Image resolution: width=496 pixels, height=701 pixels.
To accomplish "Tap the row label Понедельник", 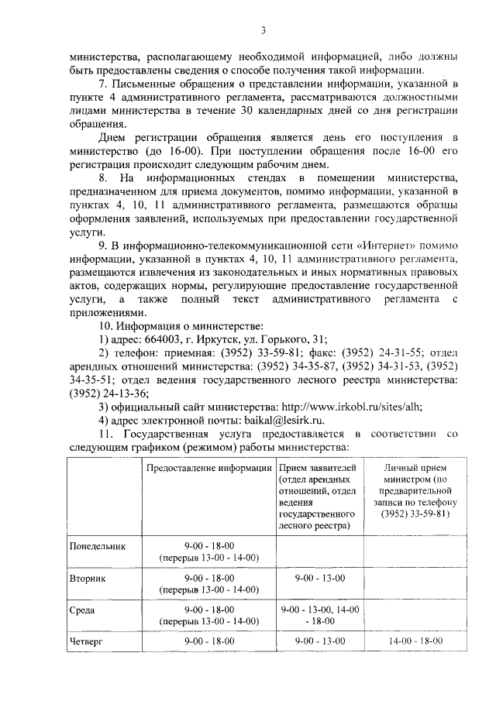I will pyautogui.click(x=97, y=546).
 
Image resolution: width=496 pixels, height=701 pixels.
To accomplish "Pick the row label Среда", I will pyautogui.click(x=82, y=610).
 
